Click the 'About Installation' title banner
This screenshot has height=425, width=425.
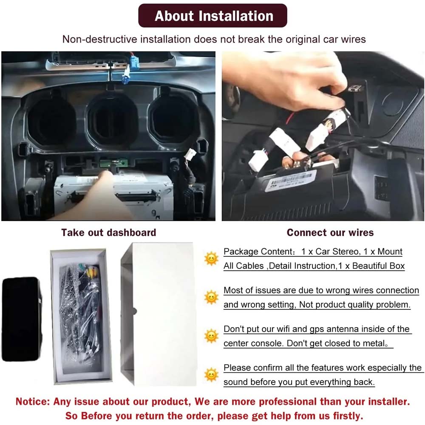click(x=212, y=15)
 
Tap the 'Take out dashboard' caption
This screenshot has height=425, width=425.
click(x=109, y=232)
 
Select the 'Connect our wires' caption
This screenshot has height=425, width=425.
click(x=330, y=232)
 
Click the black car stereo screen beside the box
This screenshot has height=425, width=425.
click(x=22, y=319)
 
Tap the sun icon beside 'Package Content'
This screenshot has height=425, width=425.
click(x=211, y=258)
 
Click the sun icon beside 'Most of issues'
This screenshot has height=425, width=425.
click(x=211, y=297)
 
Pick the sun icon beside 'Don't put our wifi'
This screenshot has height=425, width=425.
click(x=211, y=336)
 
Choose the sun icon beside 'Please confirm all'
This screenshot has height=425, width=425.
click(x=211, y=374)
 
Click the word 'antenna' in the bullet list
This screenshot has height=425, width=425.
click(x=343, y=329)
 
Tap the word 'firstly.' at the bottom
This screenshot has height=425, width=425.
click(x=348, y=416)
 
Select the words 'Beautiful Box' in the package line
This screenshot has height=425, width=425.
click(x=378, y=266)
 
